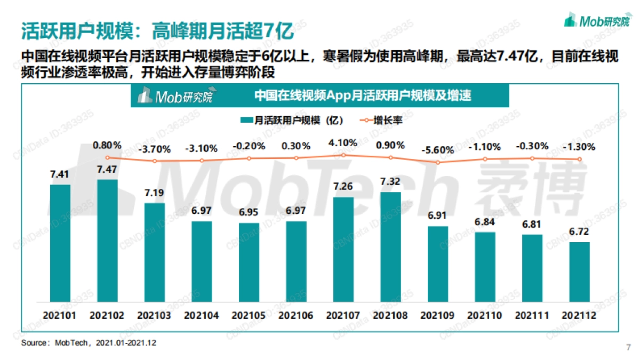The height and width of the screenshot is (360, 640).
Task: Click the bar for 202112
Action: click(x=579, y=271)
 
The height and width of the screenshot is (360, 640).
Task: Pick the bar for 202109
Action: click(x=437, y=263)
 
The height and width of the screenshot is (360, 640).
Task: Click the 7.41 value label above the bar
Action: click(x=60, y=174)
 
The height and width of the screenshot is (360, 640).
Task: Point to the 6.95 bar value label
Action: click(x=249, y=212)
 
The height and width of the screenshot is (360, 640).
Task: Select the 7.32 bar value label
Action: click(x=390, y=181)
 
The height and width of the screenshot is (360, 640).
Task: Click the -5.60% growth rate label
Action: click(x=437, y=150)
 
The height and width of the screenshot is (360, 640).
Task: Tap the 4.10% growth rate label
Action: click(x=343, y=143)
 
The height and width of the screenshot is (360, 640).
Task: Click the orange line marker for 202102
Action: click(x=107, y=157)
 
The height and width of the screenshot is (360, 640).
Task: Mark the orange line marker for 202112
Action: click(x=579, y=159)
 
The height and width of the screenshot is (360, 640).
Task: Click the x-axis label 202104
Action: click(x=201, y=316)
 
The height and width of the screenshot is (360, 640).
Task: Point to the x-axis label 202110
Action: click(x=485, y=316)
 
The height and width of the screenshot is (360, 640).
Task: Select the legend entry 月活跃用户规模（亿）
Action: click(x=292, y=121)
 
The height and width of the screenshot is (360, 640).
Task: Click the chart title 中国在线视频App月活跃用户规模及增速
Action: click(x=363, y=96)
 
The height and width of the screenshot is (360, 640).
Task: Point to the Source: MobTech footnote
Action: click(x=89, y=342)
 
